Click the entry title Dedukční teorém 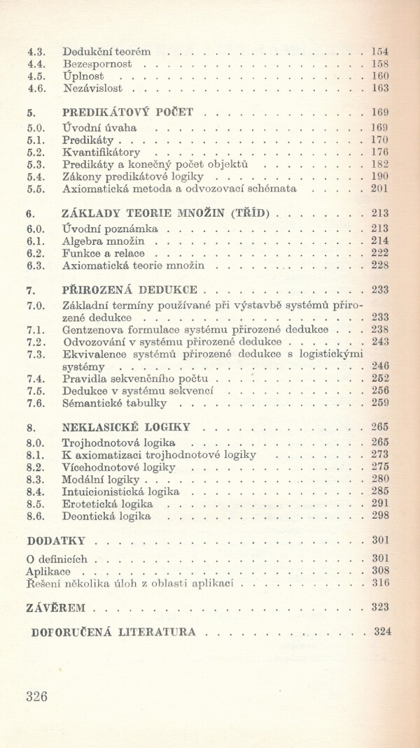click(106, 51)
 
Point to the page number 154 click(380, 51)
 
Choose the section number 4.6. click(36, 89)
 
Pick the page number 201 click(380, 189)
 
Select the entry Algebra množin click(103, 240)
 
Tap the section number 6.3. click(36, 266)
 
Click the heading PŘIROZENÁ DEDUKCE click(130, 289)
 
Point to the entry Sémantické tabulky click(113, 403)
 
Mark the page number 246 click(380, 366)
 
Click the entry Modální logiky click(101, 480)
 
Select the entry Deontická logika click(106, 517)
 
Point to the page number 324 click(382, 632)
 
